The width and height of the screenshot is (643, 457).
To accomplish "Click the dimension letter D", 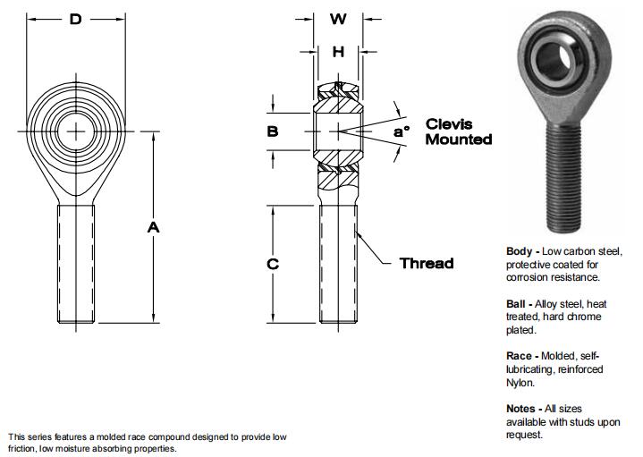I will pos(76,18).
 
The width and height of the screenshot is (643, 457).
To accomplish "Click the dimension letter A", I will pos(153,228).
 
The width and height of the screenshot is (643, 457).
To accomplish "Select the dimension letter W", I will pos(337,19).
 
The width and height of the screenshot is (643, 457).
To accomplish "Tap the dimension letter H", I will pos(337,52).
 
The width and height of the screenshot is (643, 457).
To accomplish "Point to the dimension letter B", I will pos(273,131).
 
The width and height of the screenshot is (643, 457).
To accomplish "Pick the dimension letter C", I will pos(274,264).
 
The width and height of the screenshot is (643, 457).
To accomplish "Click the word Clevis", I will pos(448,124).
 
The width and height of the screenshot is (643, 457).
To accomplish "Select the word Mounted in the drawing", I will pos(458,140).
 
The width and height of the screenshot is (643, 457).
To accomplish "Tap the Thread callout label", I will pos(426,263).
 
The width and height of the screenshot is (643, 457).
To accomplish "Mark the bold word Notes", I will pos(522,409).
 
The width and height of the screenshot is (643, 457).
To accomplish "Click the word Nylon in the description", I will pos(520,383).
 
